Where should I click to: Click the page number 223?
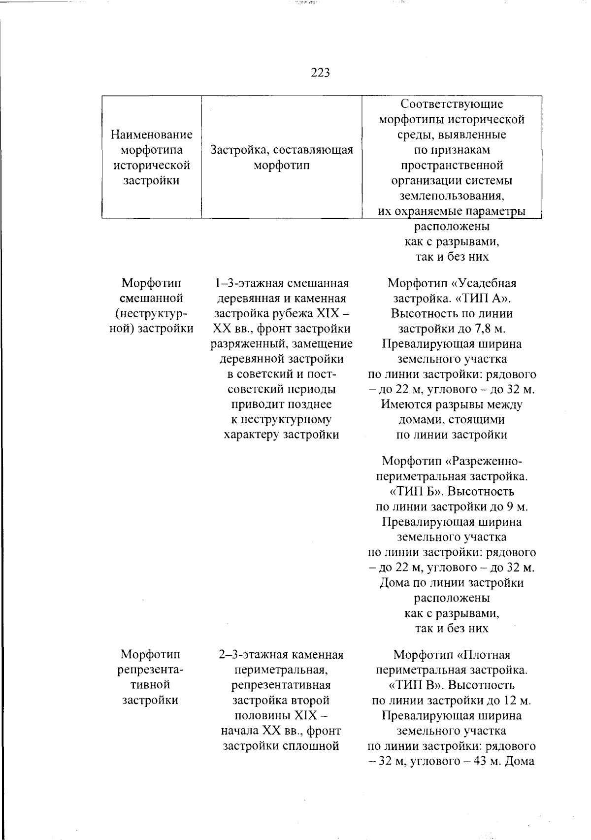click(320, 73)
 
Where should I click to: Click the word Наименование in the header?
click(152, 134)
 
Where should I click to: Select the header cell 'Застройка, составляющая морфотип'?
click(281, 157)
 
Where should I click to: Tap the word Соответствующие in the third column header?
click(452, 103)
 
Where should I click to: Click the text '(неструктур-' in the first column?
click(151, 313)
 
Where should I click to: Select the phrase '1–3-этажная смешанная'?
click(281, 283)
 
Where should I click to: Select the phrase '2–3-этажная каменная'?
click(281, 655)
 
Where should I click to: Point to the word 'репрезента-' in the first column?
click(151, 670)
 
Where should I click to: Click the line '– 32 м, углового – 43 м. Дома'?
click(452, 761)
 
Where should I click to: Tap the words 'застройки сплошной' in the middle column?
click(281, 745)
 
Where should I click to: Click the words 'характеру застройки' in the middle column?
click(281, 435)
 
